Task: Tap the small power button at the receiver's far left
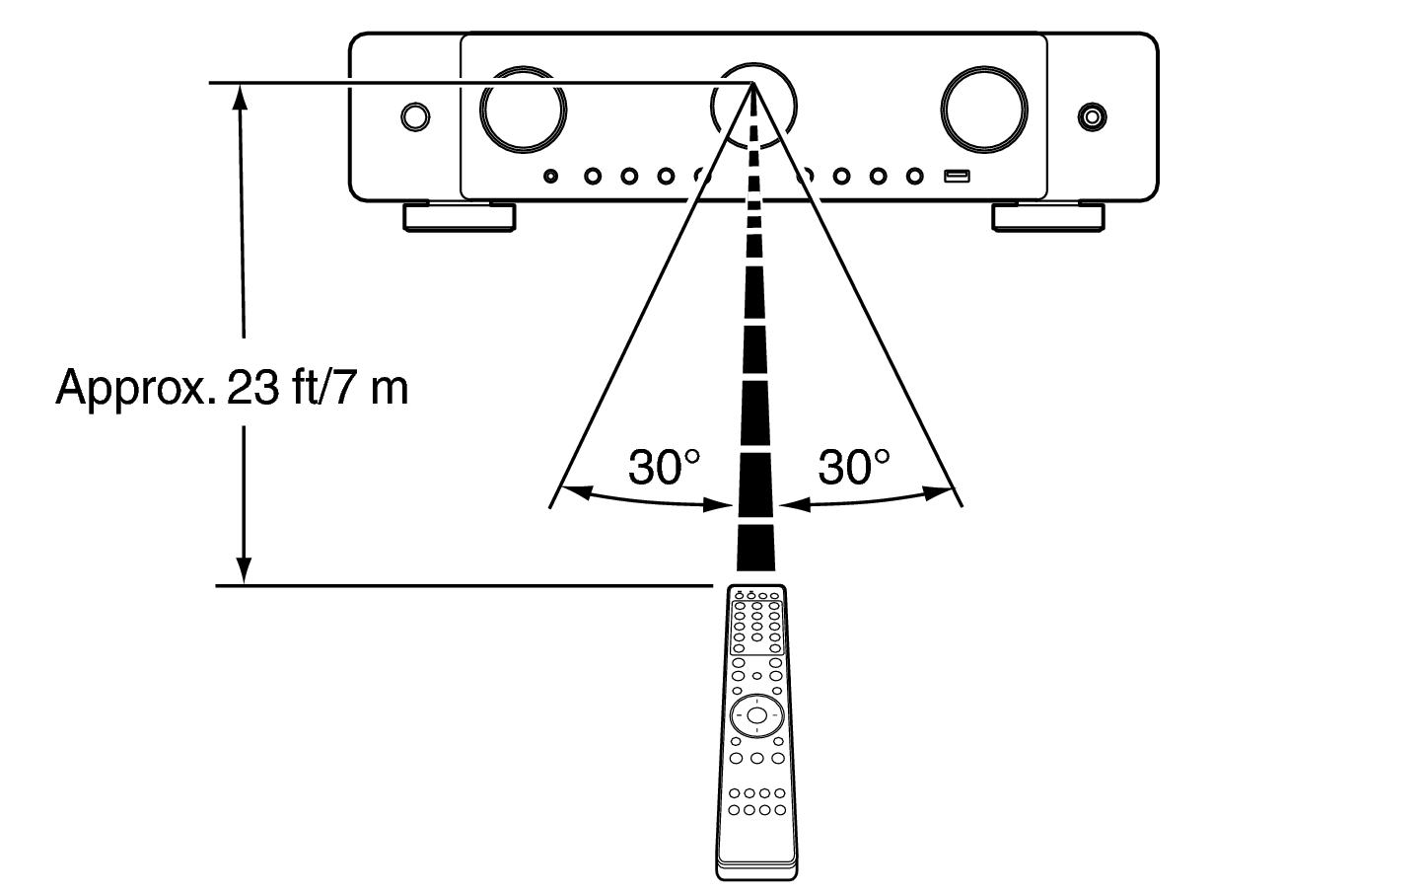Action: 415,117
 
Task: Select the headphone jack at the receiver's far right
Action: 1092,117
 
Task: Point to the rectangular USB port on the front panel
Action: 957,176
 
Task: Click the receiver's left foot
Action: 460,217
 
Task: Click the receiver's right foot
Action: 1048,217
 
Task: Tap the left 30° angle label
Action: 664,468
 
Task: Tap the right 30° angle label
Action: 854,468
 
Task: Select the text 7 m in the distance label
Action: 371,388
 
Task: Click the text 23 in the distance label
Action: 252,388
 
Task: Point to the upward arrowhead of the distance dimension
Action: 241,97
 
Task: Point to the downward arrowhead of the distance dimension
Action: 244,570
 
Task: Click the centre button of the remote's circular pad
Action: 756,715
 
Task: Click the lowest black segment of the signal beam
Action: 756,548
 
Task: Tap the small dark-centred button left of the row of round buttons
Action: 551,176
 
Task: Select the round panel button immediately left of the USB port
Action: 915,176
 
